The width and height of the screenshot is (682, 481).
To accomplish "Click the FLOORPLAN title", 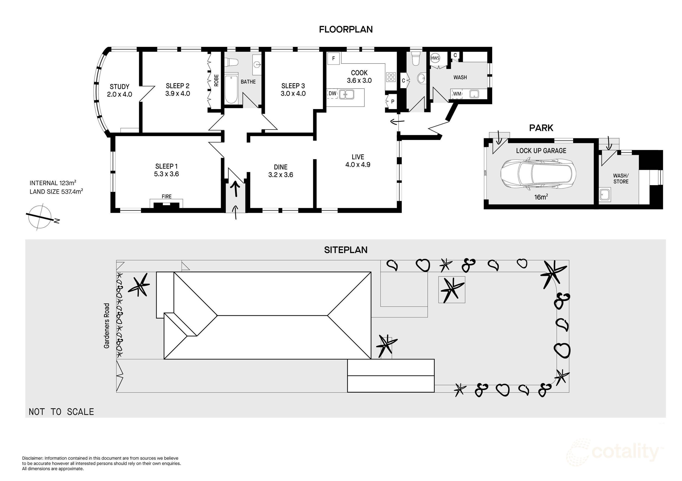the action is (x=346, y=29).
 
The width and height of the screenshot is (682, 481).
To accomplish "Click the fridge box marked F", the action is (x=334, y=58).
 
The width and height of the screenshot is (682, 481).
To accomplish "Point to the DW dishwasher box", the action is (x=332, y=94).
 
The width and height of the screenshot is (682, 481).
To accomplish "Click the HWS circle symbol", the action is (x=435, y=58).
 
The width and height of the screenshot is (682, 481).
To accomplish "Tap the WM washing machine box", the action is (x=457, y=94).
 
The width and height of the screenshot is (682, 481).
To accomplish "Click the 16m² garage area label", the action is (x=541, y=197).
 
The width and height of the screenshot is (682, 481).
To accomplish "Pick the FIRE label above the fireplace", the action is (x=167, y=197).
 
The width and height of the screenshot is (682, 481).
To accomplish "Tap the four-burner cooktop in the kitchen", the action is (x=391, y=77).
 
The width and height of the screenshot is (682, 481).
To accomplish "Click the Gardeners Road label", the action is (x=107, y=326).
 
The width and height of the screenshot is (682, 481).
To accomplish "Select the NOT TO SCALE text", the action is (x=61, y=412).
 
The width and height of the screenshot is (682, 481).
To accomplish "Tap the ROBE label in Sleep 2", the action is (x=216, y=80).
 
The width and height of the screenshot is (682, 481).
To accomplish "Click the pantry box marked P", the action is (x=392, y=101).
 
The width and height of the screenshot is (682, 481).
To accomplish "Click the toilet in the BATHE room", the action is (x=232, y=63).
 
